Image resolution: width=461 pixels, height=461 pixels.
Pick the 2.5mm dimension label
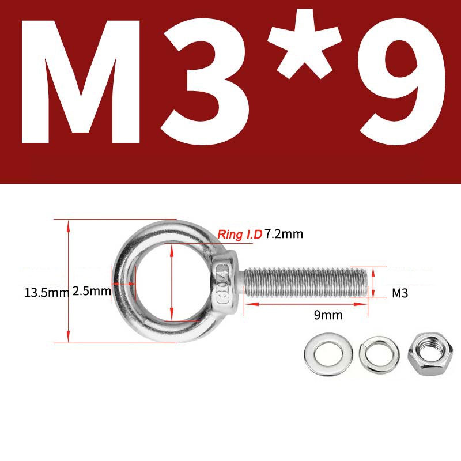tap(91, 292)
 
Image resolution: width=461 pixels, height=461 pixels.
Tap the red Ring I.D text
tap(240, 235)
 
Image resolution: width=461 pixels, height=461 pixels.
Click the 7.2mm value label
tap(284, 234)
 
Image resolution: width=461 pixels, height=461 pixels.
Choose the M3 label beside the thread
tap(400, 293)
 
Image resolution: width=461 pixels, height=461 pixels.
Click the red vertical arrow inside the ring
tap(172, 282)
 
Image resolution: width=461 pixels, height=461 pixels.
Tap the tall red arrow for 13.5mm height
tap(69, 282)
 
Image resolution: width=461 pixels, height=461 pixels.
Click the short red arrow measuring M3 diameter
tap(373, 282)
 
